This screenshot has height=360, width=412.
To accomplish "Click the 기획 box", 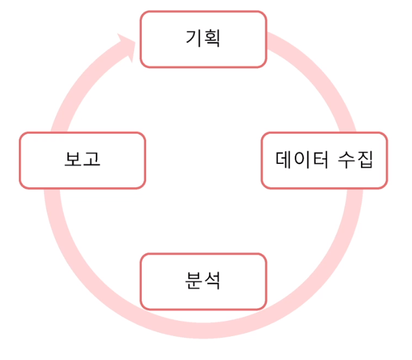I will click(203, 39).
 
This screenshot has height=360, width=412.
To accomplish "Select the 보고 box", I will click(83, 160).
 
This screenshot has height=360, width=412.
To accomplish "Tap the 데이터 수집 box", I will click(324, 160).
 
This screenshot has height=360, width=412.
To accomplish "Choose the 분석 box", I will click(203, 281).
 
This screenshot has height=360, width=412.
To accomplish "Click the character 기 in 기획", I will click(193, 38).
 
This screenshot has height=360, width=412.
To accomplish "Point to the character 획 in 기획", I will click(212, 38).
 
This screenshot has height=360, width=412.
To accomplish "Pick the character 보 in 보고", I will click(73, 160).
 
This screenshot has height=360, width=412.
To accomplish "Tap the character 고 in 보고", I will click(92, 160).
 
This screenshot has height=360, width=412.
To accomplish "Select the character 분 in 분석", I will click(193, 281).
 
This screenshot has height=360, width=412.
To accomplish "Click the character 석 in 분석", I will click(212, 281).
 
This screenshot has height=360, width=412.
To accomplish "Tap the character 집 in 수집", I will click(366, 160).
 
